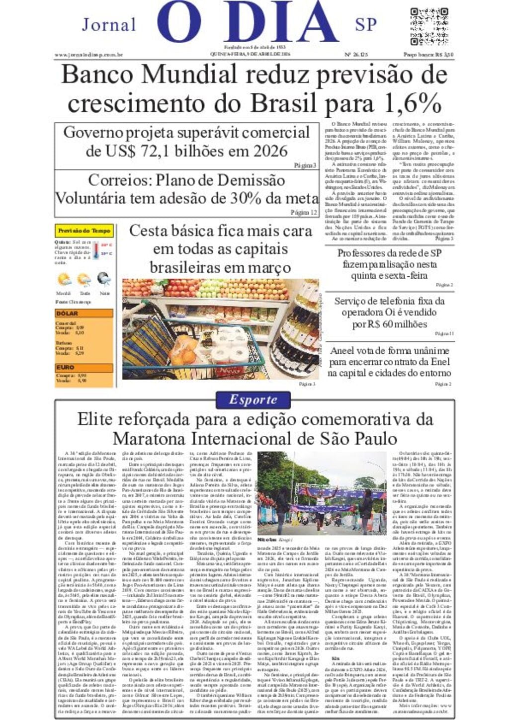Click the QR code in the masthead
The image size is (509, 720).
click(429, 26)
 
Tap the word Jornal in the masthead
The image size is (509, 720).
click(109, 24)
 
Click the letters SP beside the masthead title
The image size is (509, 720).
click(366, 24)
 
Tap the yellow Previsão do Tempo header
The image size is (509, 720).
click(84, 231)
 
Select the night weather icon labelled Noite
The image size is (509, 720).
click(104, 279)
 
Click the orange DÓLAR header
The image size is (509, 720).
click(84, 314)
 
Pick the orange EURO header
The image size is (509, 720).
click(84, 367)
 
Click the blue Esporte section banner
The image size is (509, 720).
click(254, 400)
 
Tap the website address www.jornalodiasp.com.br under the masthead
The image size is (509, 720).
click(88, 55)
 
